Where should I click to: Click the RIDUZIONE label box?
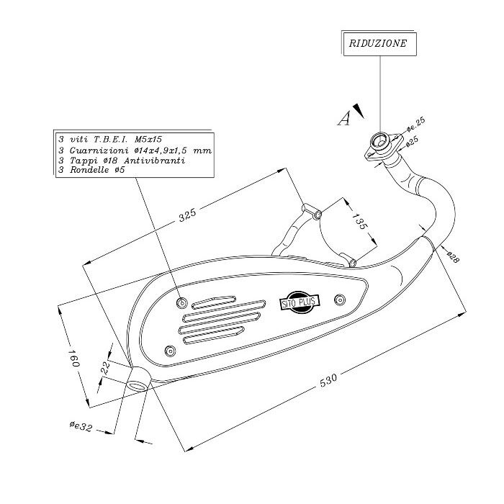[379, 44]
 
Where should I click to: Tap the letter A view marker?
[344, 118]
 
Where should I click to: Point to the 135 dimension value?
[359, 221]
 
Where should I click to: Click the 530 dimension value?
[328, 380]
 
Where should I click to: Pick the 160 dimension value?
[73, 358]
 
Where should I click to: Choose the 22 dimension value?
[105, 368]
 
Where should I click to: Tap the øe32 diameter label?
[81, 426]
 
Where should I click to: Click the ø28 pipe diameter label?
[453, 257]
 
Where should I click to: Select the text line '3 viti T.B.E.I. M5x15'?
[110, 140]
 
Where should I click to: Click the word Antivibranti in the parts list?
[155, 161]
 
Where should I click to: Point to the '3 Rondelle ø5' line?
[91, 170]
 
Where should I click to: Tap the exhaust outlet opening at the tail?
[138, 385]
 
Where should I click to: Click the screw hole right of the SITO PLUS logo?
[340, 300]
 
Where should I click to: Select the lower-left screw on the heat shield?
[170, 351]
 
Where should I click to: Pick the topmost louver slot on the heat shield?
[214, 302]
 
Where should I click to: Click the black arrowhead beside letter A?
[359, 111]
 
